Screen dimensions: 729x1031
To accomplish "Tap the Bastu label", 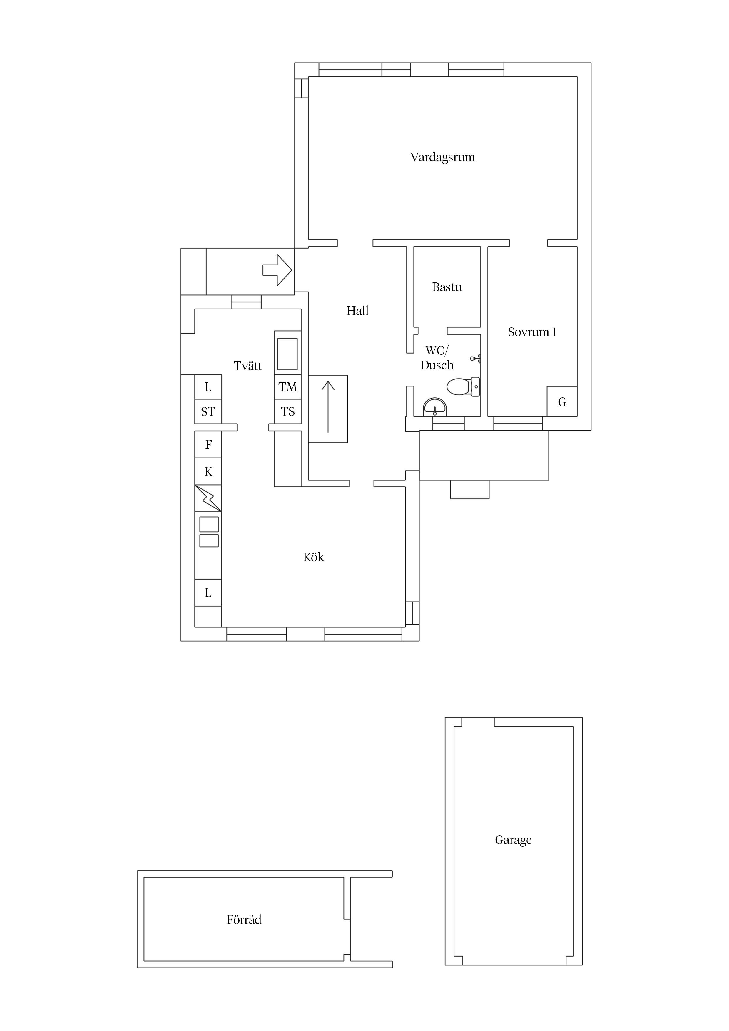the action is [447, 287].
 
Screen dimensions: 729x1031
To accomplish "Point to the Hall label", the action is [357, 310].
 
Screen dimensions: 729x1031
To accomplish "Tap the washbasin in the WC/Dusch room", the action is [435, 407].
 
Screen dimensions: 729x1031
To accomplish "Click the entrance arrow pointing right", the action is [277, 270].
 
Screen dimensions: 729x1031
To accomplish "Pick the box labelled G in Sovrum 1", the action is [562, 401].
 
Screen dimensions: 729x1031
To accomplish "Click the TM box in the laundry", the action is [288, 387].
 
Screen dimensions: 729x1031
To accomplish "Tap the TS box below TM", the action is [288, 411].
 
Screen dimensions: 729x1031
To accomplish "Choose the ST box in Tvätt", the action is [208, 411].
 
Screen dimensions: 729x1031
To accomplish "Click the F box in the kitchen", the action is [208, 445].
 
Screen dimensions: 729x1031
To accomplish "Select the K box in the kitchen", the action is [208, 471].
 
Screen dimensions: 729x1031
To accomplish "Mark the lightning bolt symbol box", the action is [208, 498].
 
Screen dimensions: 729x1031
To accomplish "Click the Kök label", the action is [314, 557].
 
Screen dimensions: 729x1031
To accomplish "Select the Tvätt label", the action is [248, 366].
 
